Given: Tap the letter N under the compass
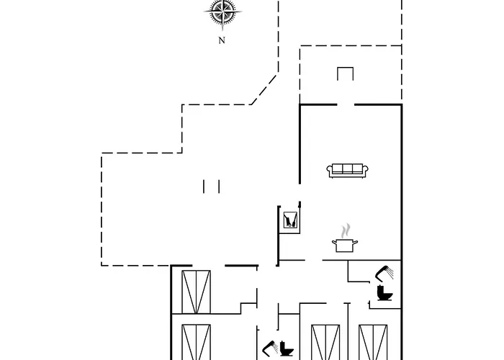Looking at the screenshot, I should point(222,41).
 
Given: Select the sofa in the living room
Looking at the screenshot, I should point(348,171).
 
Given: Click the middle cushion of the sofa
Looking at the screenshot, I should point(348,169).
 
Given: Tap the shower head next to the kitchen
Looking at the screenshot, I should point(385,272).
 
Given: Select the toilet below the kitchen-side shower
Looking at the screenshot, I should point(384,293).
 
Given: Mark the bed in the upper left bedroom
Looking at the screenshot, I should point(197,292).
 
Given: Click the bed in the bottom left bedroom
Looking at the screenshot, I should point(197,343).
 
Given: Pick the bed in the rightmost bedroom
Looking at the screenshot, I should point(373,343).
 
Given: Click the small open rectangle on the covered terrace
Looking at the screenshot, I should point(346,74).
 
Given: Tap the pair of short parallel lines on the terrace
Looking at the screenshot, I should point(211,186).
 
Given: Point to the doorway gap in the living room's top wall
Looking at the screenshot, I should point(346,105).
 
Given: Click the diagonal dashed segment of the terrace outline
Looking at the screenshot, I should point(265,88).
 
